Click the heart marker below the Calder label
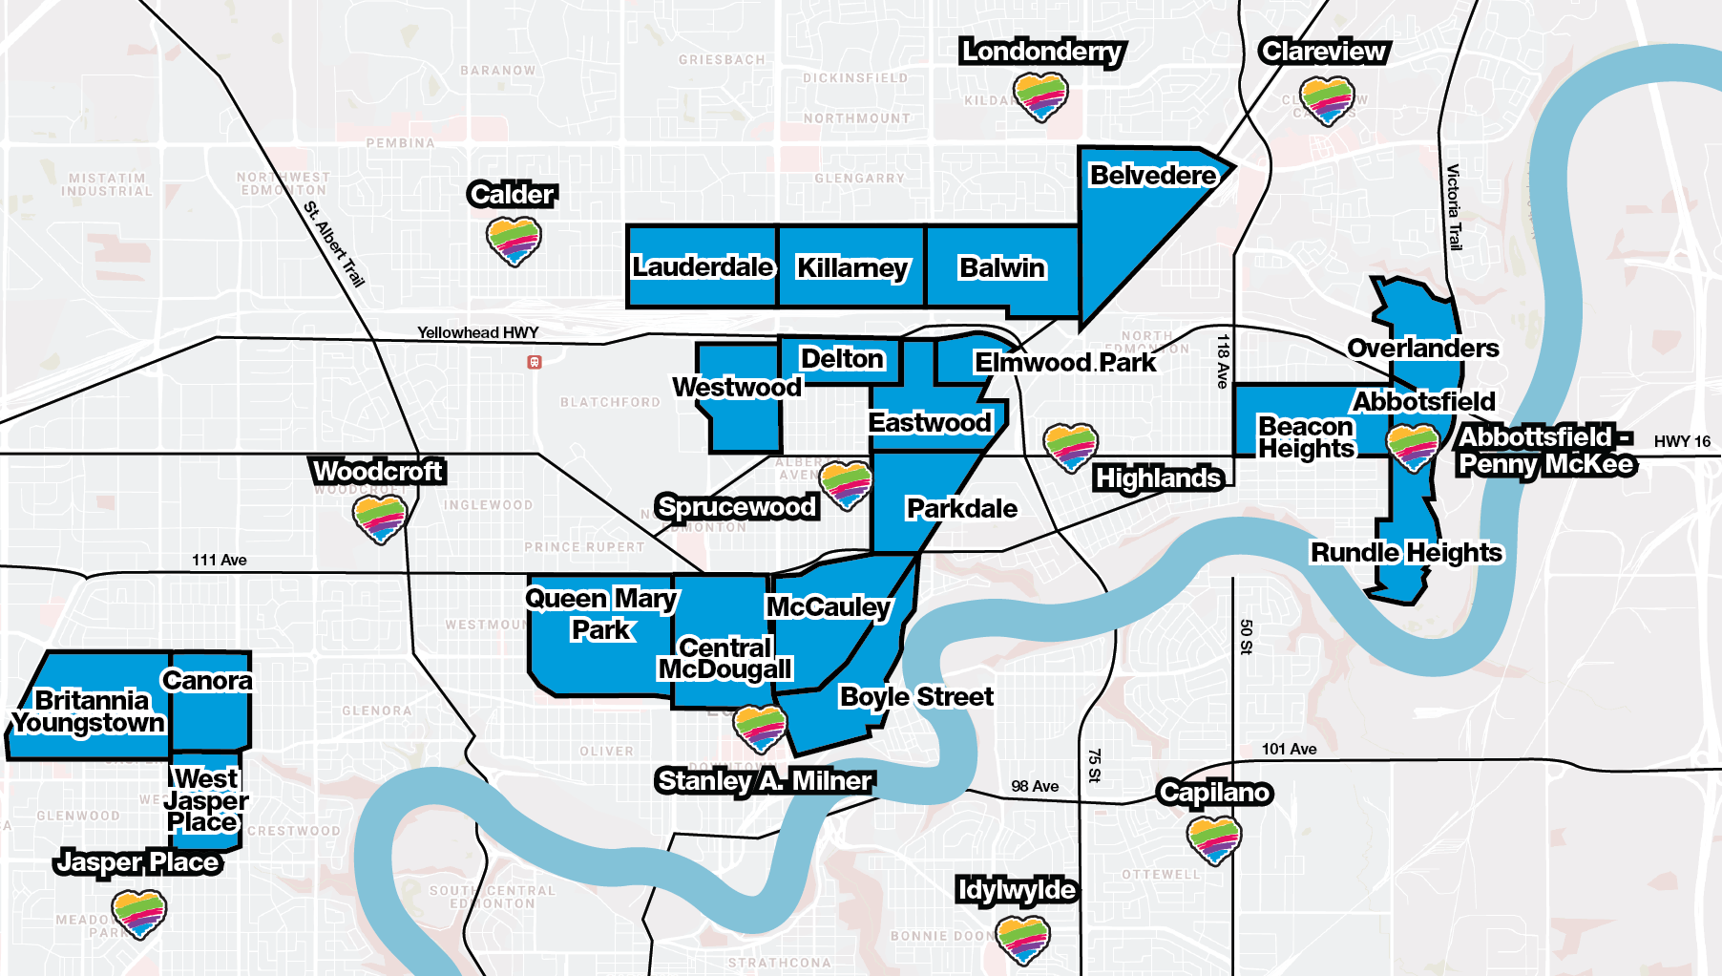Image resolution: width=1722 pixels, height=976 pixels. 514,241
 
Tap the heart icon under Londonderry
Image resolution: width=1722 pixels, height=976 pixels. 1040,96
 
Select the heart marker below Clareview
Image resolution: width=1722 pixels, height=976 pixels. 1327,100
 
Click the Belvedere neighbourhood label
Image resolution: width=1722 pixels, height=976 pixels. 1153,176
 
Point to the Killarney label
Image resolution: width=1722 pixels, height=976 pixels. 852,268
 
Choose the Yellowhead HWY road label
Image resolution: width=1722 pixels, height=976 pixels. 477,332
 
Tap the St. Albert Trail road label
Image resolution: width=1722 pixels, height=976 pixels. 334,244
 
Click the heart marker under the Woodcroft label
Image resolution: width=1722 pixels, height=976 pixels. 380,519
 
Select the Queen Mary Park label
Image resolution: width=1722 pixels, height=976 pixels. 601,613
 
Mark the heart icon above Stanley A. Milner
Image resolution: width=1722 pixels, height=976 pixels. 760,729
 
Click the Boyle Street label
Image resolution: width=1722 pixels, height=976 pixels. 916,697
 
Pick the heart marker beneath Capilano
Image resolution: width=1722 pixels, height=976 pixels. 1213,839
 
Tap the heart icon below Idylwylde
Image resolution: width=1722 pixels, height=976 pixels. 1022,938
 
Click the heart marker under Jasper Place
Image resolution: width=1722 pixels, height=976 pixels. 139,913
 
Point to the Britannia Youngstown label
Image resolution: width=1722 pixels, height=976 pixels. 90,711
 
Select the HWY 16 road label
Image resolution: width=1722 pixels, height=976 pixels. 1682,441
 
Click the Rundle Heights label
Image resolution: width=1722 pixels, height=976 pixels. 1406,553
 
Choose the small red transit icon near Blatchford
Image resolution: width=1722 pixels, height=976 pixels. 535,362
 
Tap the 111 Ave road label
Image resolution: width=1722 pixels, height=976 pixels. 219,560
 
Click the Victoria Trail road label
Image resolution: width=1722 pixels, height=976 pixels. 1453,207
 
